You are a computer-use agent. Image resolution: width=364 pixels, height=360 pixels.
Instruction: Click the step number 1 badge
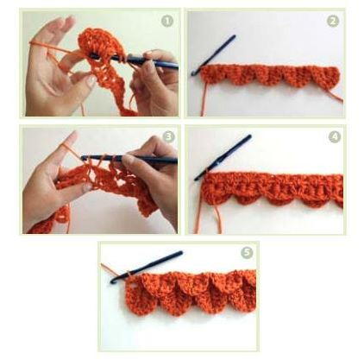pyautogui.click(x=167, y=21)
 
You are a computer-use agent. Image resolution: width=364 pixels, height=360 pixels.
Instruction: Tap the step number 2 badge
pyautogui.click(x=333, y=21)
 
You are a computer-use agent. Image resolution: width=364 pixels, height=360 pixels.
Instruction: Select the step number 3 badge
pyautogui.click(x=169, y=136)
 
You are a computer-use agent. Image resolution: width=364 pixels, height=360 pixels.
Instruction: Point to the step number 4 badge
pyautogui.click(x=335, y=136)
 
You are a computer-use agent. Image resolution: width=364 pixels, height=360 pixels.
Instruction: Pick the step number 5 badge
pyautogui.click(x=247, y=253)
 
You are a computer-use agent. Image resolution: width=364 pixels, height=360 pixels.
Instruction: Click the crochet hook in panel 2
pyautogui.click(x=213, y=55)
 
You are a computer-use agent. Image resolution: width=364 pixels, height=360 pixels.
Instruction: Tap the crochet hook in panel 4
pyautogui.click(x=223, y=158)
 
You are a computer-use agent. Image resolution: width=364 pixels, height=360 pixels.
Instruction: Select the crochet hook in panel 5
pyautogui.click(x=146, y=268)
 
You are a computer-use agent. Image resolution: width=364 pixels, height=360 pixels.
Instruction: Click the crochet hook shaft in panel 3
pyautogui.click(x=129, y=159)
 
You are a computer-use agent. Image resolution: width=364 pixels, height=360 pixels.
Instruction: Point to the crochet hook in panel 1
pyautogui.click(x=135, y=60)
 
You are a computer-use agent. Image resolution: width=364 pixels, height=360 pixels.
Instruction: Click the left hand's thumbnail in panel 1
pyautogui.click(x=91, y=81)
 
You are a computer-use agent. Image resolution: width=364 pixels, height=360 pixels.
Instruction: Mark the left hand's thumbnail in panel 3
pyautogui.click(x=87, y=188)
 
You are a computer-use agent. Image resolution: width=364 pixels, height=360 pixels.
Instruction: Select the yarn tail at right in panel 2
pyautogui.click(x=334, y=95)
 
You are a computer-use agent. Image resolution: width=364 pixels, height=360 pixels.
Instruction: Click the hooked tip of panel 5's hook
pyautogui.click(x=113, y=281)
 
